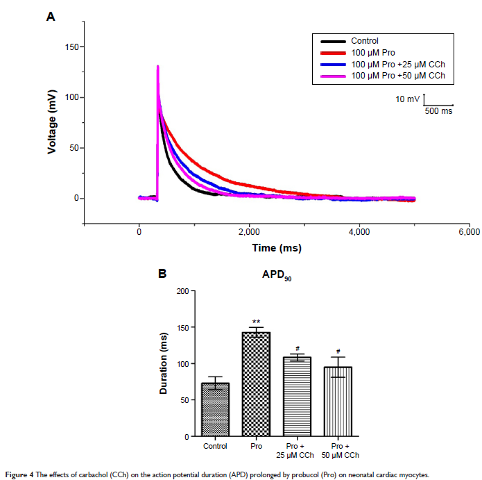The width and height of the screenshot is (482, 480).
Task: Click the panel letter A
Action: tap(50, 17)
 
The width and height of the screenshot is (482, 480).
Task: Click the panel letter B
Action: tap(162, 274)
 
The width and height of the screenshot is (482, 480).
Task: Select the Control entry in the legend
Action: tap(365, 41)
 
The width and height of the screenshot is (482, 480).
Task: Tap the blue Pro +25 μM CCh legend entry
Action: tap(397, 64)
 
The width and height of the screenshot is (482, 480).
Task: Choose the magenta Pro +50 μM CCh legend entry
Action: tap(397, 75)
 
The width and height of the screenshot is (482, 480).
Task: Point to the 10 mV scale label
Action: tap(408, 99)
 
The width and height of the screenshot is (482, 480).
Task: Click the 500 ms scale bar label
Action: tap(438, 111)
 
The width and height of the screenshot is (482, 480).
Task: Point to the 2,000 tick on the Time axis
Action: tap(249, 232)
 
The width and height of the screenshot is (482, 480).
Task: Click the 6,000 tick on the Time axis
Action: tap(469, 232)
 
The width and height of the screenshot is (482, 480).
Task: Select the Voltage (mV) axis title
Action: tap(52, 122)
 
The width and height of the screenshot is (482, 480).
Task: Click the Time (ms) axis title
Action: tap(276, 248)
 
